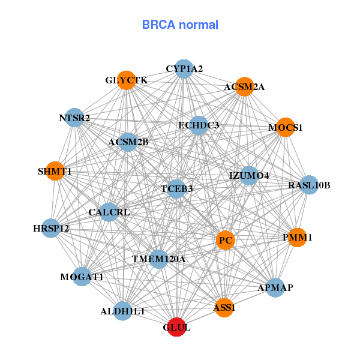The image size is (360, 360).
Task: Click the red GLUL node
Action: coord(176,328)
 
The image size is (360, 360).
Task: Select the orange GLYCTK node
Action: coord(127,80)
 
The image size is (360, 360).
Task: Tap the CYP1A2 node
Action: coord(184,69)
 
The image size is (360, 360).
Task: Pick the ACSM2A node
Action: coord(244,87)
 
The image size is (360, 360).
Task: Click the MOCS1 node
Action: coord(286,128)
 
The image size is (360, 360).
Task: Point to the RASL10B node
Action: coord(309,185)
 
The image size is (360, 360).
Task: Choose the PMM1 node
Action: coord(297,238)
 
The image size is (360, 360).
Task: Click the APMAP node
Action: coord(275,288)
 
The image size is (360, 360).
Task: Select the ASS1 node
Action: coord(224,308)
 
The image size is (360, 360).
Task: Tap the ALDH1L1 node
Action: coord(122,311)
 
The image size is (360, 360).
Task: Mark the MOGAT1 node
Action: coord(82,277)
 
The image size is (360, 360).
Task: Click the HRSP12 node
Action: coord(51,228)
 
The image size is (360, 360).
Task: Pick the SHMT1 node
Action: coord(55,172)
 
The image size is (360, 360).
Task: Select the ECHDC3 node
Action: coord(199,125)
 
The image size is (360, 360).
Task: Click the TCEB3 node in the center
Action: coord(176,189)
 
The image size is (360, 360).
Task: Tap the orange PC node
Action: coord(226,241)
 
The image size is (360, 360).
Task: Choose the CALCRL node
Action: coord(109,212)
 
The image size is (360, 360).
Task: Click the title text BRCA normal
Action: coord(180,25)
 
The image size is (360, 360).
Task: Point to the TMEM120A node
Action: coord(158,259)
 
